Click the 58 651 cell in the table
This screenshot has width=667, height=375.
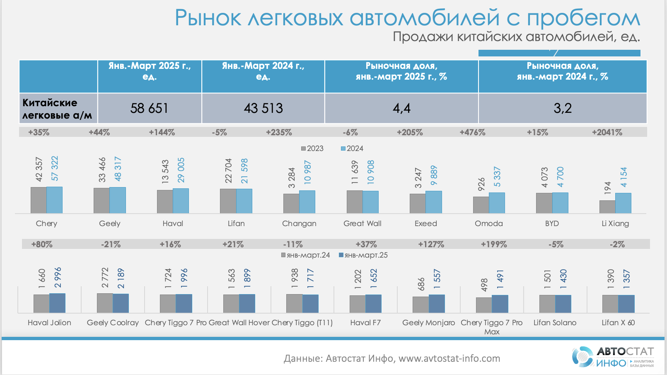[x=149, y=108]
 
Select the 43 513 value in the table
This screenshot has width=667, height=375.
[x=263, y=108]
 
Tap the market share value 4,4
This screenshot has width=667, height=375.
[x=401, y=108]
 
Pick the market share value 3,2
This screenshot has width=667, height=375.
[x=563, y=108]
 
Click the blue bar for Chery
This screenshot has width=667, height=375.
[x=55, y=200]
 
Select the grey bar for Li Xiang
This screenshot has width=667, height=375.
[x=607, y=207]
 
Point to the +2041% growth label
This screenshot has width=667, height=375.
[x=607, y=132]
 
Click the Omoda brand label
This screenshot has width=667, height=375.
[x=489, y=224]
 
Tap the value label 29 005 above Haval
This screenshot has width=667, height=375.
[x=181, y=170]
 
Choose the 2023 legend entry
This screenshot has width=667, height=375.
[x=312, y=149]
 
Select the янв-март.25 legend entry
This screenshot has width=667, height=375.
[x=363, y=255]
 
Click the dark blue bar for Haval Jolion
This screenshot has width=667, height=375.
[x=58, y=303]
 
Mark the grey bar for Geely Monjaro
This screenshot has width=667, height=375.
[x=420, y=304]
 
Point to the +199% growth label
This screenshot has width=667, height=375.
[x=494, y=244]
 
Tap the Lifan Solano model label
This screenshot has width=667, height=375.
[x=555, y=323]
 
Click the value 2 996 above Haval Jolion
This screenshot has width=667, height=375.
[x=58, y=277]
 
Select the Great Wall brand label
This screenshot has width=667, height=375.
[x=362, y=224]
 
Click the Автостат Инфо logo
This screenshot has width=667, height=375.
[x=613, y=357]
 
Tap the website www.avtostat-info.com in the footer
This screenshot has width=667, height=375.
[x=449, y=358]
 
